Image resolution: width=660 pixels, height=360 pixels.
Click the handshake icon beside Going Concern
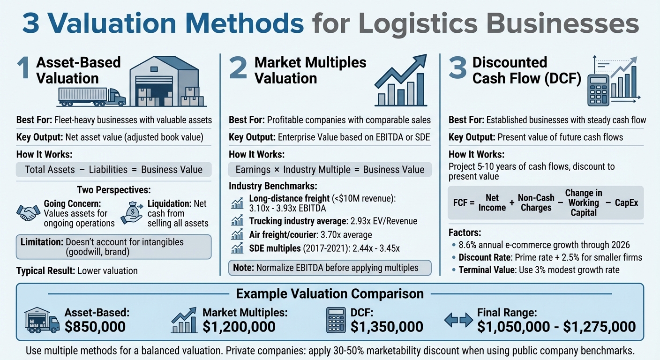pos(28,213)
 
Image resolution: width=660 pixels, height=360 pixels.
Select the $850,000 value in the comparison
pos(95,326)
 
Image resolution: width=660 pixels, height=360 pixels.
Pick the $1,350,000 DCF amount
pos(387,326)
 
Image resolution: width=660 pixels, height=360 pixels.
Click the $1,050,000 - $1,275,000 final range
pos(556,326)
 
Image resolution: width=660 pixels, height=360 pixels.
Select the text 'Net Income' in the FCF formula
pos(492,203)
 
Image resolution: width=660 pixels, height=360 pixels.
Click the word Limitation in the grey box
pos(42,242)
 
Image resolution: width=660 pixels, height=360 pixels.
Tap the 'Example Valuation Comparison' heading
pos(330,293)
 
